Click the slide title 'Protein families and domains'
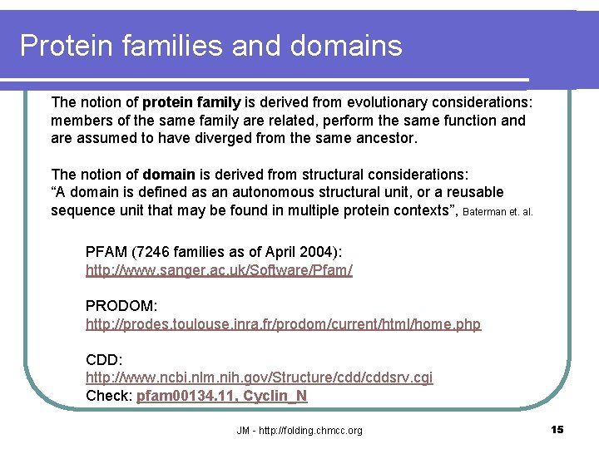point(210,46)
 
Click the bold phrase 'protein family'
point(191,103)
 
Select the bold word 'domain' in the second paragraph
point(169,175)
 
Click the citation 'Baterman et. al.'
point(498,212)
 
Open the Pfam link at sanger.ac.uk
point(219,271)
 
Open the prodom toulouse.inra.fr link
point(283,324)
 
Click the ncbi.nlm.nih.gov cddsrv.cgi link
point(259,377)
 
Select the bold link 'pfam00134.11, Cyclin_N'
point(222,396)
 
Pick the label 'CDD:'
point(104,359)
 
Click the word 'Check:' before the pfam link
point(108,396)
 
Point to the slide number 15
point(557,429)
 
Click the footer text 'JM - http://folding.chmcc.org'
point(299,430)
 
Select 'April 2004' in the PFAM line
point(277,252)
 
